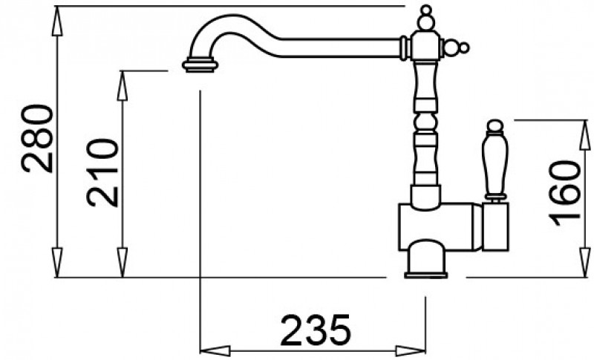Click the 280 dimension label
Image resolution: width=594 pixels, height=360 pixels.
(x=37, y=139)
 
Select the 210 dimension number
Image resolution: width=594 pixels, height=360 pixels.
(x=102, y=173)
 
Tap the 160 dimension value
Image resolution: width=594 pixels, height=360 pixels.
(x=564, y=193)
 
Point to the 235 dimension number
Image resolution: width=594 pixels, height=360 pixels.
(x=316, y=330)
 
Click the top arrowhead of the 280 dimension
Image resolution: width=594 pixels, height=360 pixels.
(x=57, y=22)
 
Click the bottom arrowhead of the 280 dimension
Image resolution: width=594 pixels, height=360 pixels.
(x=57, y=263)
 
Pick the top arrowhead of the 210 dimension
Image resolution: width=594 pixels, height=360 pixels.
(x=122, y=86)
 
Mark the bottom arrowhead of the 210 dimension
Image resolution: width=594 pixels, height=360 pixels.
(x=122, y=263)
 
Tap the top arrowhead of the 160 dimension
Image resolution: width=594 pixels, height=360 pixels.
(x=585, y=135)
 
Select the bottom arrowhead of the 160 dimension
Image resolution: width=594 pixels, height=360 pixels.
(x=585, y=263)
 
